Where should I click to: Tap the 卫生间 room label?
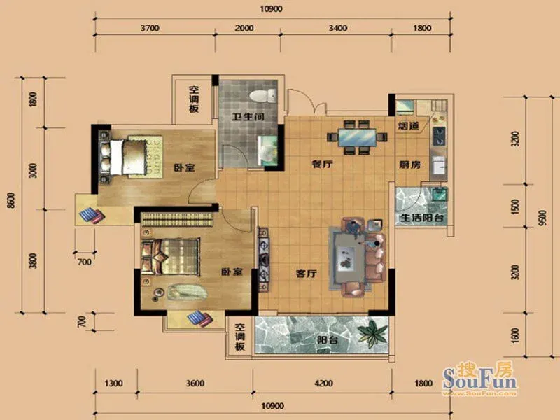(248, 116)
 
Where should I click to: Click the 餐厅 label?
(323, 164)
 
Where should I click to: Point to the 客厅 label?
(307, 274)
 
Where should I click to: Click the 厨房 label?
(409, 164)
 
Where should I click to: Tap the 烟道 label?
(408, 126)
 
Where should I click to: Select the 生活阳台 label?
(422, 217)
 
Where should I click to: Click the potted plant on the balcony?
(372, 334)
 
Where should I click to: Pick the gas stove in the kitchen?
(439, 136)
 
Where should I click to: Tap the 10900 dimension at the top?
(271, 9)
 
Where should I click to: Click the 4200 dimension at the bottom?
(323, 384)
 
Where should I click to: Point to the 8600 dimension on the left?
(12, 201)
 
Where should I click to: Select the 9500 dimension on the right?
(542, 217)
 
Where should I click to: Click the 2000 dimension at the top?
(244, 28)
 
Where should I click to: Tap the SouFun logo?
(479, 379)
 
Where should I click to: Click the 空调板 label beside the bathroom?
(194, 99)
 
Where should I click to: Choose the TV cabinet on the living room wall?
(264, 260)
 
